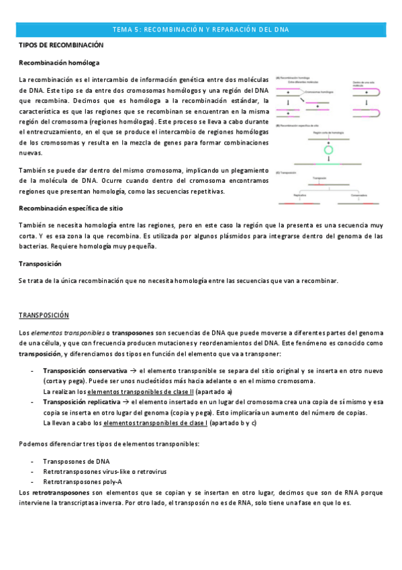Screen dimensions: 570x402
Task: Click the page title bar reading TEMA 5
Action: click(x=201, y=30)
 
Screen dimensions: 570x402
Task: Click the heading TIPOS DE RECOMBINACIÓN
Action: click(x=61, y=45)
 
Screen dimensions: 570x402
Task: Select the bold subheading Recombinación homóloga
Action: click(x=59, y=63)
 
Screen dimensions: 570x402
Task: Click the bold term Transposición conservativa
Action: click(x=85, y=370)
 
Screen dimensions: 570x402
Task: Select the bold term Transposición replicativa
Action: click(x=83, y=401)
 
